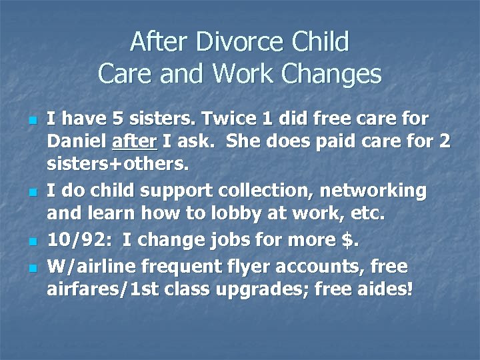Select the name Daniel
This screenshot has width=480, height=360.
coord(76,142)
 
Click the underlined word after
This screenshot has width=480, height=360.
coord(131,142)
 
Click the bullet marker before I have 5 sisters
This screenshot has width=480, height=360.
coord(31,120)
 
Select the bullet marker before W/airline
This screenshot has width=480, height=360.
coord(31,268)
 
